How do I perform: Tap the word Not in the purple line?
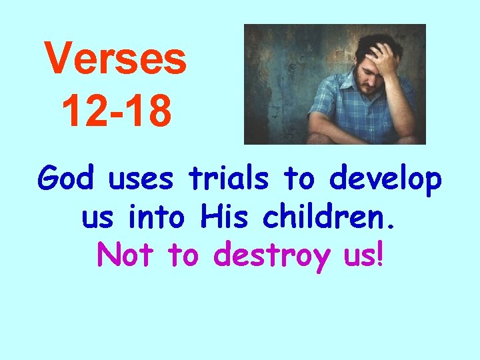[x=127, y=254]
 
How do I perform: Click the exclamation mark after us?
[x=380, y=254]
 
